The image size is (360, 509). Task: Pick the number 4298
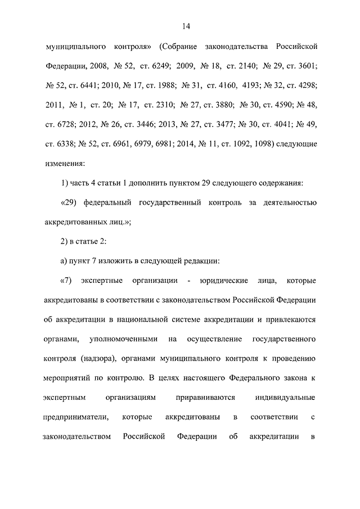306,86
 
